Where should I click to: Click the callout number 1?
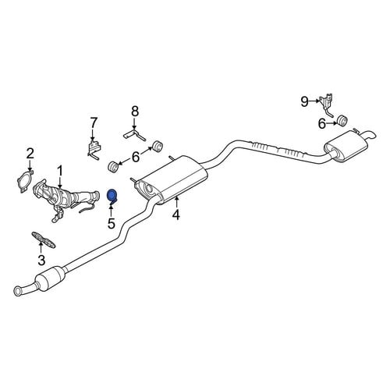(60, 172)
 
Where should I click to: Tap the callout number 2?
(30, 154)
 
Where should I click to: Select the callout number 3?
(41, 261)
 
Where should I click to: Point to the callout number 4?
(176, 214)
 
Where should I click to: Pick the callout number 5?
(112, 223)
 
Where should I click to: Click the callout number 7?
(94, 123)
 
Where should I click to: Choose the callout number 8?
(135, 112)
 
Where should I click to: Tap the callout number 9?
(304, 101)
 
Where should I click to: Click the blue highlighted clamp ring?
(112, 197)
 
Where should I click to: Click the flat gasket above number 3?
(44, 240)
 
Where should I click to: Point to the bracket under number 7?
(94, 150)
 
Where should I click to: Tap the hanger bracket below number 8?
(134, 135)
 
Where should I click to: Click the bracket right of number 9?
(327, 105)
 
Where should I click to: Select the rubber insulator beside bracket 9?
(342, 120)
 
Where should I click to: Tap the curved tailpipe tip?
(369, 135)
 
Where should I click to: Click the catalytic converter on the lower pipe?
(51, 278)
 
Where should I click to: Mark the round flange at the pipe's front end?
(18, 291)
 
